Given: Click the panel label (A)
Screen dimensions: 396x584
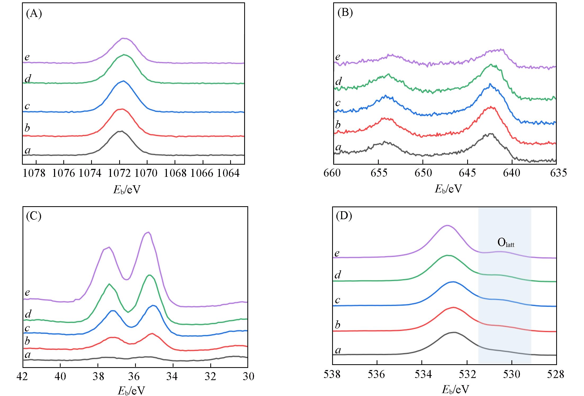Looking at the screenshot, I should point(34,13).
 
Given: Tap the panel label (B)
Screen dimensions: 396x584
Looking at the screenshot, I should point(345,13).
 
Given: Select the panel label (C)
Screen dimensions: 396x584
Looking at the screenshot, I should point(34,216).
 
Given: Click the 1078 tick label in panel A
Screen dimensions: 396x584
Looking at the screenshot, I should point(34,173).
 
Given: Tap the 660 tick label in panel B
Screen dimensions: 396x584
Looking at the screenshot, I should point(333,173).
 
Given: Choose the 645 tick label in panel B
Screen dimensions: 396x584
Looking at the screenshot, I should point(467,173).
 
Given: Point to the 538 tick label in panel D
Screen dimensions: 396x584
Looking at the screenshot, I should point(332,375).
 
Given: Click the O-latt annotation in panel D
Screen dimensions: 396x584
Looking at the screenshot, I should point(506,243).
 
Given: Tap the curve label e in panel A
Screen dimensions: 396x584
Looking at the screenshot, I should point(27,57).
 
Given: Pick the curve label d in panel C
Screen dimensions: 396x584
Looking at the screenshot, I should point(28,314).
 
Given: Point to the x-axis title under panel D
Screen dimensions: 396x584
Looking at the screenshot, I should point(455,390).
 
